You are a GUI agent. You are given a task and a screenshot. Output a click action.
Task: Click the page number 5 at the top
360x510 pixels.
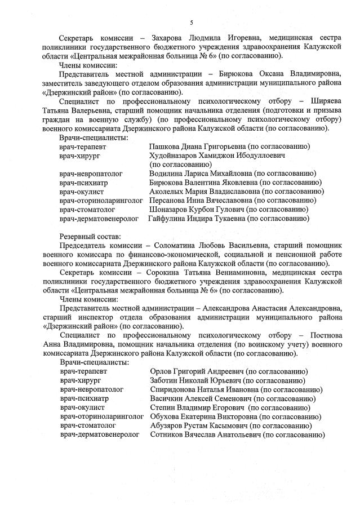pos(192,23)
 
